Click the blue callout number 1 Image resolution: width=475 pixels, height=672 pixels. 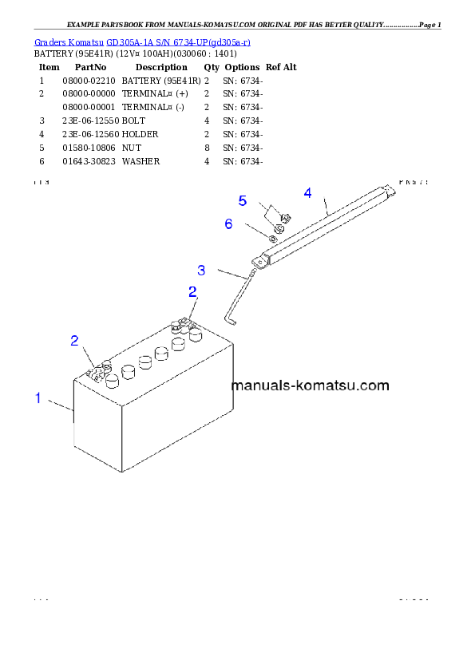(37, 397)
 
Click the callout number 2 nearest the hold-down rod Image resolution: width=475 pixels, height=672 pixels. (192, 292)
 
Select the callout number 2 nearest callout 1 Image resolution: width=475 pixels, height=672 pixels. (74, 341)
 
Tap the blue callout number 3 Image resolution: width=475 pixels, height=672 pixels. (201, 271)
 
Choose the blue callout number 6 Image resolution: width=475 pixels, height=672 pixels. (228, 224)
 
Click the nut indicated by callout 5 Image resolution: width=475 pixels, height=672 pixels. (285, 218)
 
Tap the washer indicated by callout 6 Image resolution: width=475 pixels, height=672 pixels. (273, 238)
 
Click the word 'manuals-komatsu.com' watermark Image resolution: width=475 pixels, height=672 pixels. (310, 385)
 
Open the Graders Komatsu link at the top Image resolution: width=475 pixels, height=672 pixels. (143, 42)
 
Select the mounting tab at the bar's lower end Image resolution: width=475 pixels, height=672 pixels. (259, 259)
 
